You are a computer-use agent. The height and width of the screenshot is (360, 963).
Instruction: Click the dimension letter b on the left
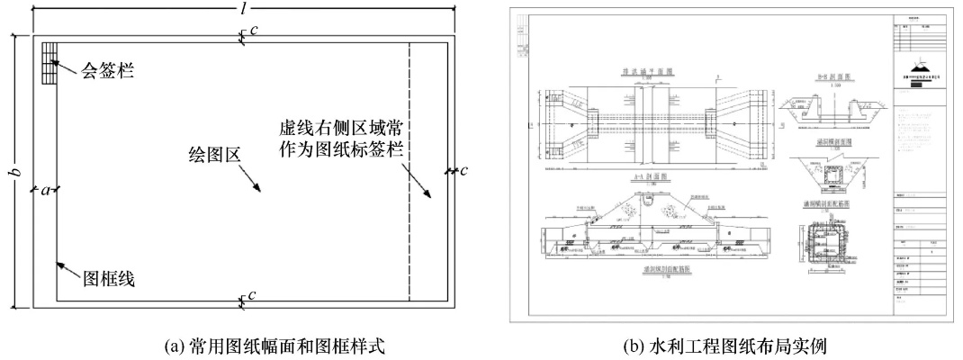tap(12, 172)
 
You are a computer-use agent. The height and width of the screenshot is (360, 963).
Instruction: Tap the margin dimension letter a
tap(43, 190)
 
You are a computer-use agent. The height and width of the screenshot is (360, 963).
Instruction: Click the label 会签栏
tap(106, 69)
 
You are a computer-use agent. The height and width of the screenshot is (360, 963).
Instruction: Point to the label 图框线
tap(109, 279)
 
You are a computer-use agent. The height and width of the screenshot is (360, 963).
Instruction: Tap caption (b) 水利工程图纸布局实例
tap(730, 345)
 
